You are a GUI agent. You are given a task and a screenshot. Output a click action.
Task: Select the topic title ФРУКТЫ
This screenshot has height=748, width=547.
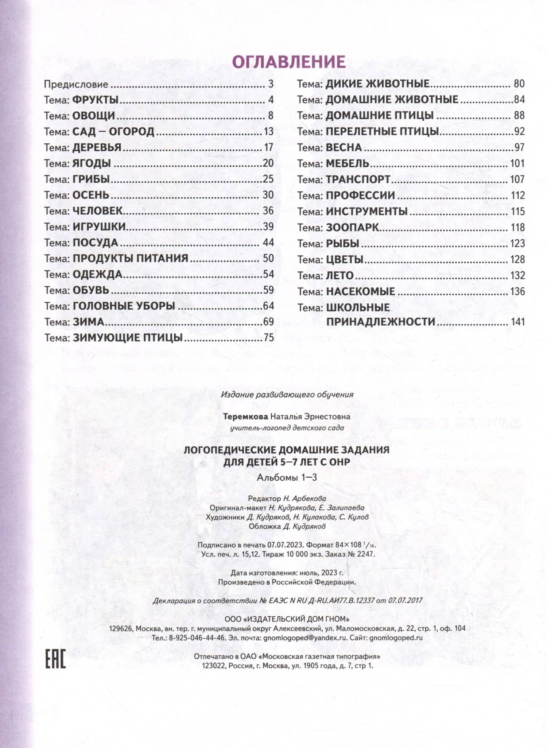coord(96,100)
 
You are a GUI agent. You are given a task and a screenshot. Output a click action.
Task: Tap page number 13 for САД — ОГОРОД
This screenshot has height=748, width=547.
coord(268,132)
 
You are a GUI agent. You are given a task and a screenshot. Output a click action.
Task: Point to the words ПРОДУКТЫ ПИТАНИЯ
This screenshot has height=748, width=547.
coord(131,259)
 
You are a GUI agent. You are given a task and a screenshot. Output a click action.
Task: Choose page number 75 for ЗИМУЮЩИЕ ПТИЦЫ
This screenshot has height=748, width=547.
coord(268,338)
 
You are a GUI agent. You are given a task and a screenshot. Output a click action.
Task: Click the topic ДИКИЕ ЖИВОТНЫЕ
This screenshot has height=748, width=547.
coord(377,84)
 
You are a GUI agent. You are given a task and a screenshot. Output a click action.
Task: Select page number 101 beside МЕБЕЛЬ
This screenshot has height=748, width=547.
coord(517,163)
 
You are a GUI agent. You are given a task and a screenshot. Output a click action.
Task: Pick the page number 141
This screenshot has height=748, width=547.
coord(517,322)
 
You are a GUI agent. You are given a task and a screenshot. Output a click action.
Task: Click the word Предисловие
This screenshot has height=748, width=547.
coord(76,85)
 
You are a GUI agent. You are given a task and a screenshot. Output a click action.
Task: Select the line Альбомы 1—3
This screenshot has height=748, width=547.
coord(287,478)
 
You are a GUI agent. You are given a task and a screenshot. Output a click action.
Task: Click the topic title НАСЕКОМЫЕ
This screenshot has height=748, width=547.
coord(360,292)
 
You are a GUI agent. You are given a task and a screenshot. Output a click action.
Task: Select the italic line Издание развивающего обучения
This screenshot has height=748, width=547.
coord(287,394)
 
